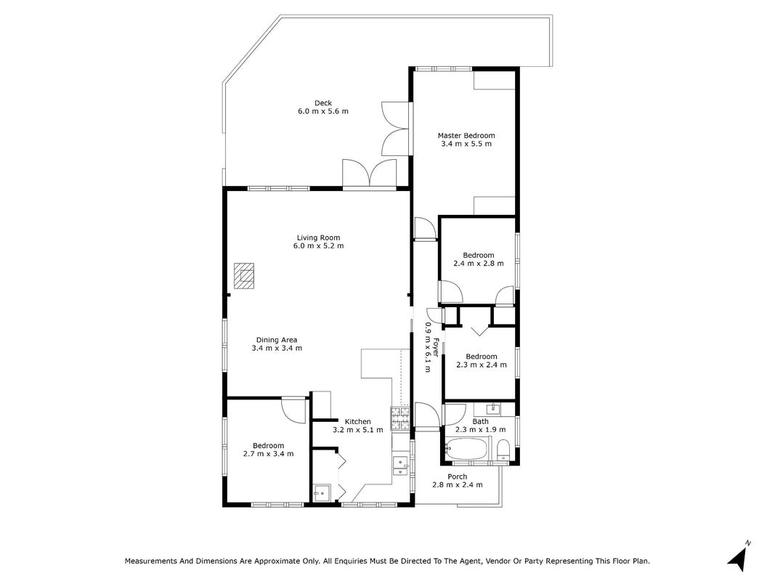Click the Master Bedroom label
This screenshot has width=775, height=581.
466,135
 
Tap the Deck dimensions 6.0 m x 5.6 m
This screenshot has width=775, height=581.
322,111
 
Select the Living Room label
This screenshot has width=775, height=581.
318,237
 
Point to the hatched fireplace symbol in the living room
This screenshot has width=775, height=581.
245,275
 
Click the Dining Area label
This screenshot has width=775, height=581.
277,340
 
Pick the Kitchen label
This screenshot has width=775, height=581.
358,421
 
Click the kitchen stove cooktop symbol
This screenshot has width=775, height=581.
400,418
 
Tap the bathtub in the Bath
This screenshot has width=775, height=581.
466,449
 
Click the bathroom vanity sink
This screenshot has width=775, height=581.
492,409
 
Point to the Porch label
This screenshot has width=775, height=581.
457,476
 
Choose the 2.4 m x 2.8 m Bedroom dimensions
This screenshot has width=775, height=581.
479,264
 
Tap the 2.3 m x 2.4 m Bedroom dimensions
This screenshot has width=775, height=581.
482,365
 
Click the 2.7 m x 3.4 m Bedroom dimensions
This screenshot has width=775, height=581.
269,454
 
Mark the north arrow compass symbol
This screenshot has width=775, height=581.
739,555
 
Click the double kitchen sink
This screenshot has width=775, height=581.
400,466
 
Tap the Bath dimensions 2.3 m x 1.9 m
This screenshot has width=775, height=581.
480,430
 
